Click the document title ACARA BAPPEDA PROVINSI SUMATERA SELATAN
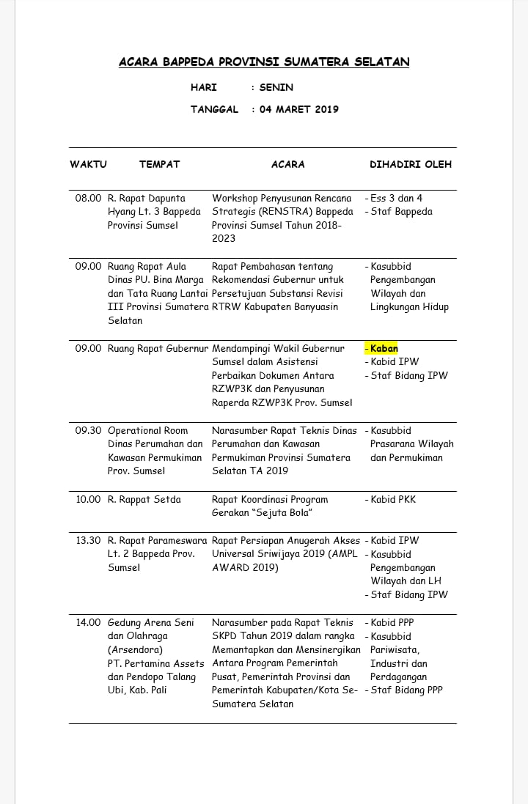pyautogui.click(x=264, y=62)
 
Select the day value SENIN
pyautogui.click(x=276, y=87)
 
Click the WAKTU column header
pyautogui.click(x=89, y=164)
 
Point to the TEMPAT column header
pyautogui.click(x=159, y=164)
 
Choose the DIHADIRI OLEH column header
pyautogui.click(x=411, y=164)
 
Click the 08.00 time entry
pyautogui.click(x=88, y=198)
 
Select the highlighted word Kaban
pyautogui.click(x=384, y=348)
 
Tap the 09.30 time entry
pyautogui.click(x=88, y=430)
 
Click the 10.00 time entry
pyautogui.click(x=88, y=499)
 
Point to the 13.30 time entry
pyautogui.click(x=88, y=540)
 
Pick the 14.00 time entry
pyautogui.click(x=88, y=622)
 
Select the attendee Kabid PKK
pyautogui.click(x=393, y=499)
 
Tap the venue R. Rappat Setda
pyautogui.click(x=144, y=499)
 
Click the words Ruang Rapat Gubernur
pyautogui.click(x=158, y=348)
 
